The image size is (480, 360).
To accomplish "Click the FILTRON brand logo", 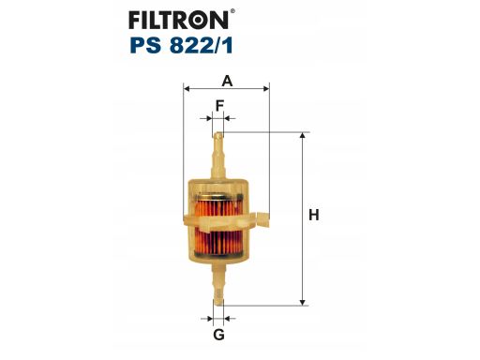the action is click(x=178, y=20).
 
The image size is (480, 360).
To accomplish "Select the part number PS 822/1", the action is click(x=182, y=46).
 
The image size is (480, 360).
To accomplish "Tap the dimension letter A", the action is click(x=227, y=81).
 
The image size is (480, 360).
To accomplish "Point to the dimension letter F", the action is click(x=219, y=106).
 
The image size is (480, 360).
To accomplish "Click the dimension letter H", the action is click(x=314, y=216).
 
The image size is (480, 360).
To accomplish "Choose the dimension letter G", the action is click(x=218, y=335).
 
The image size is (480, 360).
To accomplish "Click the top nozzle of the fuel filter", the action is click(x=218, y=156).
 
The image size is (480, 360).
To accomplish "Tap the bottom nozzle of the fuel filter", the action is click(x=218, y=284).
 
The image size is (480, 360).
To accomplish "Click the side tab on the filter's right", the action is click(x=262, y=220).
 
